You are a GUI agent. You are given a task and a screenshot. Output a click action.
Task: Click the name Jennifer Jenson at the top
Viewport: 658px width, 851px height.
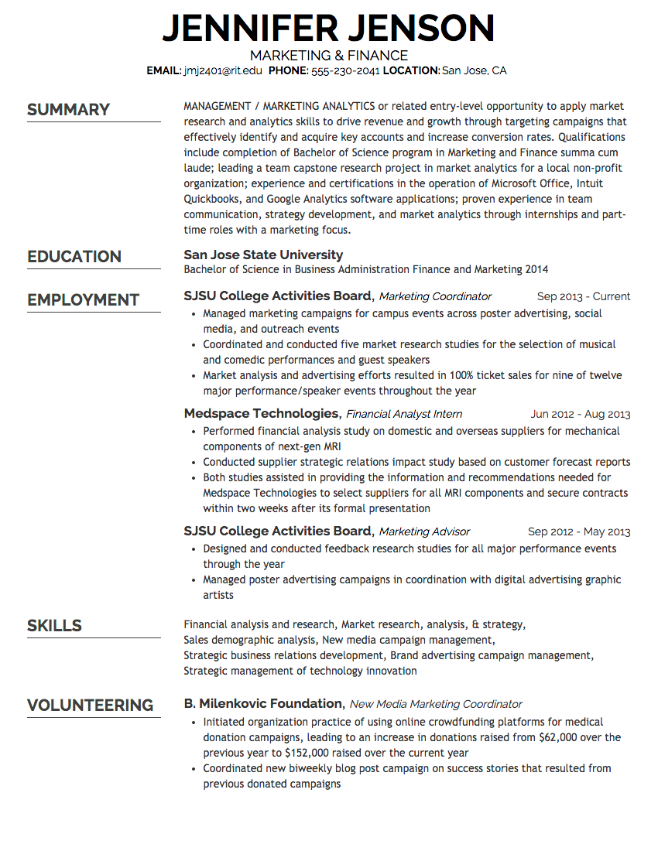[x=328, y=29]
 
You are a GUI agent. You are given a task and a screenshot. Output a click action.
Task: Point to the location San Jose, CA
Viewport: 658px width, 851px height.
[x=474, y=70]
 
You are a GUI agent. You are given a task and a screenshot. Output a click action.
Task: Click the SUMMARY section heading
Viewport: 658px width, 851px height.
[x=68, y=110]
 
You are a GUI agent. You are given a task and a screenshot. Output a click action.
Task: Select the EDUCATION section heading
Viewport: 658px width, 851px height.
[x=74, y=257]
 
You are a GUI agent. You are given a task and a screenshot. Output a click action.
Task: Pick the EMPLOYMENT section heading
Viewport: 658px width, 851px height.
[x=83, y=300]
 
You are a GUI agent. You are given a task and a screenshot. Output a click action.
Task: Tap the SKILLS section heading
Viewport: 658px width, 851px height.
[x=54, y=626]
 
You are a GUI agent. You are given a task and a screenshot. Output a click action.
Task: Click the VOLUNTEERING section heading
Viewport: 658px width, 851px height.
[x=90, y=706]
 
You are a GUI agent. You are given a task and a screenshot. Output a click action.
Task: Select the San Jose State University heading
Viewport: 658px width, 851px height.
[x=263, y=255]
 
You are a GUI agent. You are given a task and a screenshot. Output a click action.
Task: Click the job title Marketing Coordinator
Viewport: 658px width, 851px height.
[x=435, y=296]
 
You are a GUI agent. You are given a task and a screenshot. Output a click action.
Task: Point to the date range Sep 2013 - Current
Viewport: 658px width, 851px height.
[x=584, y=296]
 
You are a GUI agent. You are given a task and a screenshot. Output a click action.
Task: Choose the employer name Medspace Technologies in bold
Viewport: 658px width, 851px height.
[x=262, y=414]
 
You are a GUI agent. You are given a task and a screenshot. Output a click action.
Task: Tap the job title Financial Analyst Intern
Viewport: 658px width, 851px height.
[x=404, y=414]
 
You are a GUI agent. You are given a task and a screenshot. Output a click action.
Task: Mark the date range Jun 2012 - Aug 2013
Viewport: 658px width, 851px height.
[x=581, y=414]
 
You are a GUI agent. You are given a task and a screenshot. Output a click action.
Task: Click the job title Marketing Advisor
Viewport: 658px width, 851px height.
[x=424, y=531]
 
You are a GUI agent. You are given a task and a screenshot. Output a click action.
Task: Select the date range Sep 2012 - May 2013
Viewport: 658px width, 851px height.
[x=579, y=531]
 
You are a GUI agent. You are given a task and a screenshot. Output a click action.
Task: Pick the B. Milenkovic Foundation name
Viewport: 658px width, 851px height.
[x=263, y=703]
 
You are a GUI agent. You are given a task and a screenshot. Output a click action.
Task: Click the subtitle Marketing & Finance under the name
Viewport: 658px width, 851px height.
[x=329, y=56]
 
